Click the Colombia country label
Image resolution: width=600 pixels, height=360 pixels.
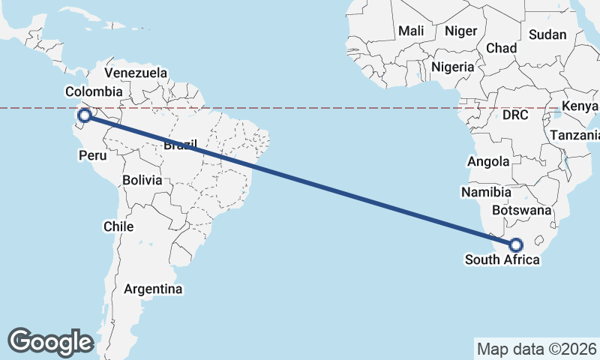point(94,91)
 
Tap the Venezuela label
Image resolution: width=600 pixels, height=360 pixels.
point(136,73)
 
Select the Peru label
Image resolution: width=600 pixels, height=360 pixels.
point(93,155)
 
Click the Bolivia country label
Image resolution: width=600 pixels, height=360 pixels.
point(142,180)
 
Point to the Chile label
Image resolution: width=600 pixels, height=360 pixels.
point(119,226)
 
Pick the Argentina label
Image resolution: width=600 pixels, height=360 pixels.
point(153,289)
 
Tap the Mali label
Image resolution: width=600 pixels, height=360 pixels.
point(411,31)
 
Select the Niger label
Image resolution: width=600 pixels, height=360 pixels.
point(460,31)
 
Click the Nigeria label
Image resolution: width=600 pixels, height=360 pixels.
point(452,67)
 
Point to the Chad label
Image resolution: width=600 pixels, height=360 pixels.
point(502,48)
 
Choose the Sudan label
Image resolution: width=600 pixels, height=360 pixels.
point(547,34)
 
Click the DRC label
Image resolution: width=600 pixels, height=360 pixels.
point(516,115)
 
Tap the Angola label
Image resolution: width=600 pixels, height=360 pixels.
point(488,161)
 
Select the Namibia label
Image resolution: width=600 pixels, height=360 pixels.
point(486,193)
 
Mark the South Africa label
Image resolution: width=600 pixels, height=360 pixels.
point(502,260)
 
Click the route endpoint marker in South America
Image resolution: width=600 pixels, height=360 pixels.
point(85,115)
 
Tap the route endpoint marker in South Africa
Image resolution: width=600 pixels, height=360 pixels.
point(516,244)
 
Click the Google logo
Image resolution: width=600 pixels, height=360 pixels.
point(50,341)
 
